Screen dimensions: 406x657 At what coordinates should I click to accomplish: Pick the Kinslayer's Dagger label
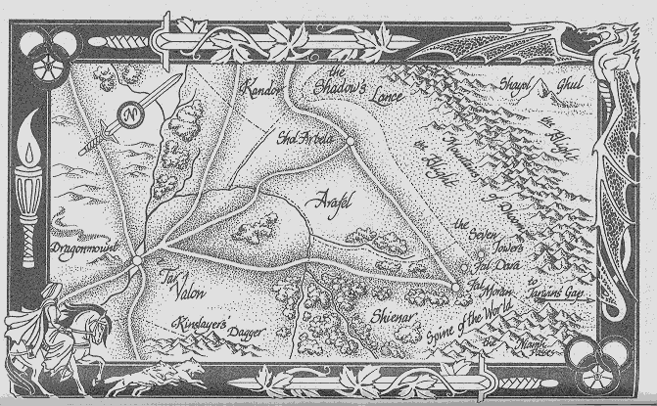[220, 330]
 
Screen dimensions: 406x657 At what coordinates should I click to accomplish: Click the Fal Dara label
[493, 263]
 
